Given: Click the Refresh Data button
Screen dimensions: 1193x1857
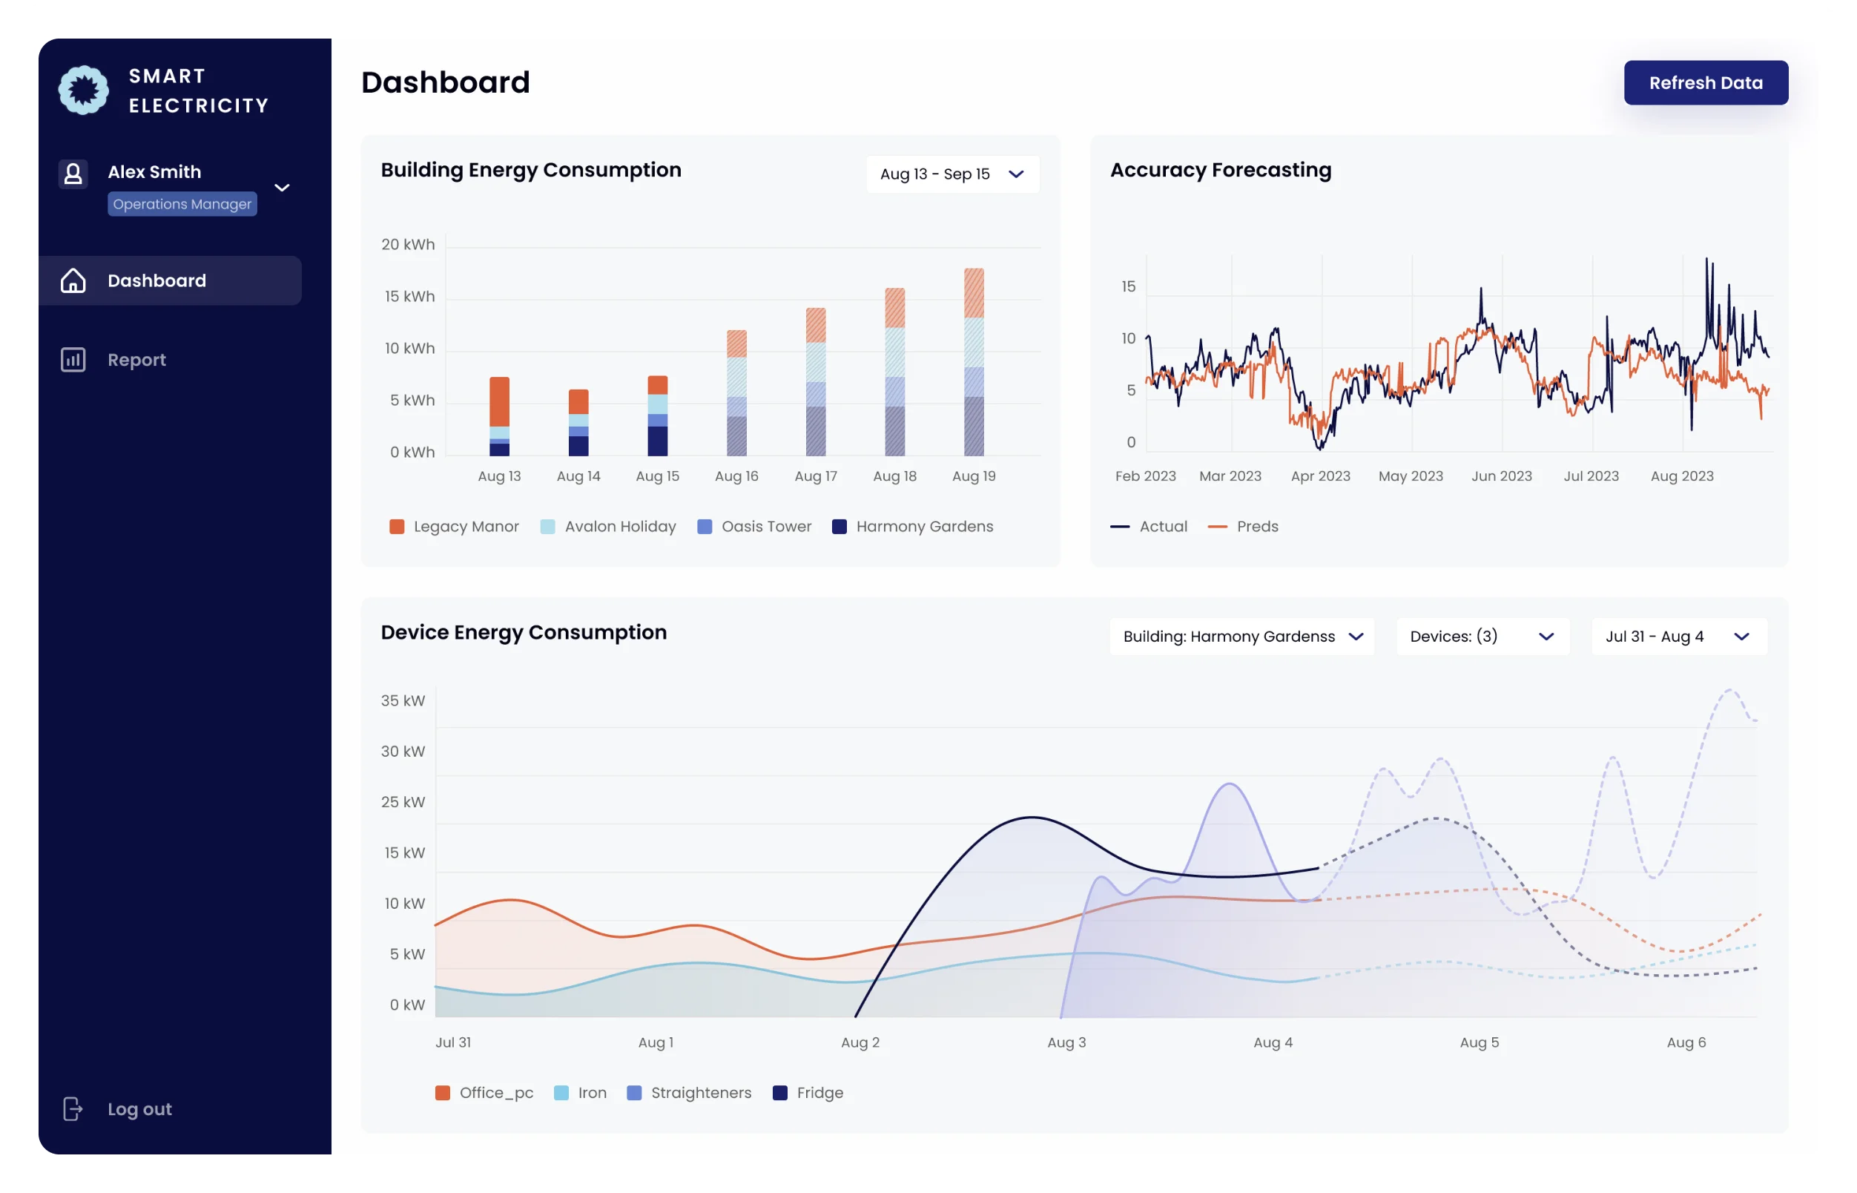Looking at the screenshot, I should point(1705,83).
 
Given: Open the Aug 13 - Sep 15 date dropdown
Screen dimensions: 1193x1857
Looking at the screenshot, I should point(951,174).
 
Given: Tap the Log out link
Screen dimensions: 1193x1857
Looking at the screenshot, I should point(139,1108).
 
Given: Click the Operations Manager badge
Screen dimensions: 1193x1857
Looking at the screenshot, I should point(182,205).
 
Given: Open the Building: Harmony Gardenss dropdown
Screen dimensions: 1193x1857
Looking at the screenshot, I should point(1241,637).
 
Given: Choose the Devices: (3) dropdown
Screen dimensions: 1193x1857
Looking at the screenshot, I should point(1482,637).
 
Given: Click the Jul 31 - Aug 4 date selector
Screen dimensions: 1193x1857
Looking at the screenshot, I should point(1678,637).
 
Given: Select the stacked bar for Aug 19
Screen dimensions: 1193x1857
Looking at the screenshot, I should point(974,363).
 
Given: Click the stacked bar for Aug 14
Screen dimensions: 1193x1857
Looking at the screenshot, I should point(578,423).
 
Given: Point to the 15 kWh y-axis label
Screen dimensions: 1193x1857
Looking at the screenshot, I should point(409,297).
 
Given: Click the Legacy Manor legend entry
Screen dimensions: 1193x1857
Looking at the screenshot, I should point(455,527).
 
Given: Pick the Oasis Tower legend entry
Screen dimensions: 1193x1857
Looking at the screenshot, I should point(754,527).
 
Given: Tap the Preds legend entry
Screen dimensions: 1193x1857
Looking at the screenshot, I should point(1243,527).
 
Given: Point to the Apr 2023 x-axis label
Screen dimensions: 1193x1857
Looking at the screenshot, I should point(1320,476).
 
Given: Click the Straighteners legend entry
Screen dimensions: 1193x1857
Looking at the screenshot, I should point(688,1093).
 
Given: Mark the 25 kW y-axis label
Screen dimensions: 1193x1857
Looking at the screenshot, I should point(403,802).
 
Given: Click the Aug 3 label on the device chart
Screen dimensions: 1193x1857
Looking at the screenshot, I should point(1066,1042).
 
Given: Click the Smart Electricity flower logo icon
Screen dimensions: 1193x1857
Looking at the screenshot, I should point(84,90).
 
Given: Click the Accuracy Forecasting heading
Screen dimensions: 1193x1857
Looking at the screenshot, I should point(1221,171).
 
